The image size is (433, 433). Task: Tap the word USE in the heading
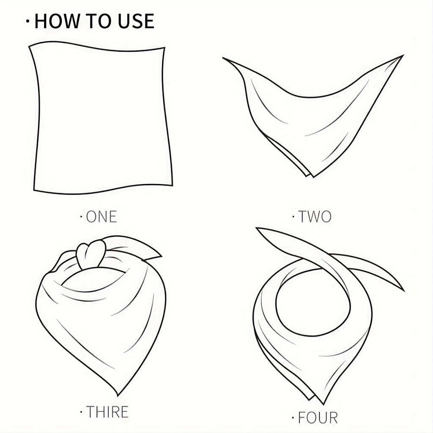136,21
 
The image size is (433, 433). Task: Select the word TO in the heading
99,21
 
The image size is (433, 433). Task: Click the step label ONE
101,216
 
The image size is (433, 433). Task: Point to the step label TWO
315,216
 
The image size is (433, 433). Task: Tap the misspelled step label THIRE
107,412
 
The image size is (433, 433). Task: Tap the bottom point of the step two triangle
313,177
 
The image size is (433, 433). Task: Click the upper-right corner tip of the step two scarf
403,55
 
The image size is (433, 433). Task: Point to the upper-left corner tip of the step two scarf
223,58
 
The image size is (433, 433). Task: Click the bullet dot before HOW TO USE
27,21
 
